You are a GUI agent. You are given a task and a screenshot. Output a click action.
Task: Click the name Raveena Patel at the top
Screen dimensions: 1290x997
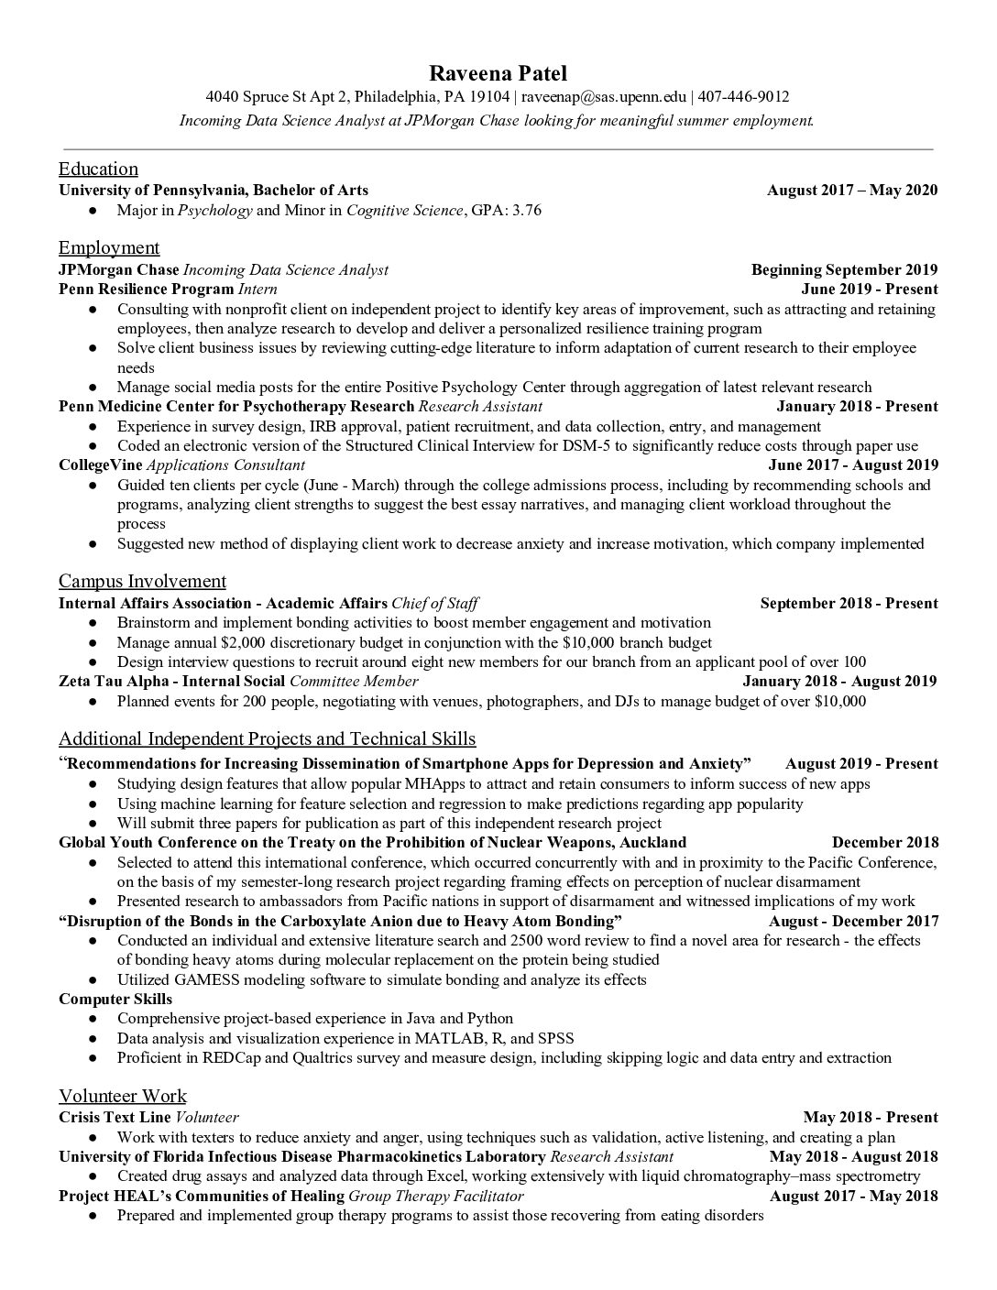pyautogui.click(x=498, y=73)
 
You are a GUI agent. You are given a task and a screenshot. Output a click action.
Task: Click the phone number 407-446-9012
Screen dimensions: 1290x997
pyautogui.click(x=745, y=97)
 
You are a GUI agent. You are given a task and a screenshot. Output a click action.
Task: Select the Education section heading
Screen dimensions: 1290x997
pyautogui.click(x=98, y=169)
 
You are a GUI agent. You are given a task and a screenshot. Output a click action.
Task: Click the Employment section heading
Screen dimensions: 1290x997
pyautogui.click(x=109, y=247)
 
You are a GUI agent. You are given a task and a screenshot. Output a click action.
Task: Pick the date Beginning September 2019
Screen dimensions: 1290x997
pyautogui.click(x=844, y=269)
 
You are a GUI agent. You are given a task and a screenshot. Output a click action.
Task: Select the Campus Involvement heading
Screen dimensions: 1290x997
pyautogui.click(x=142, y=581)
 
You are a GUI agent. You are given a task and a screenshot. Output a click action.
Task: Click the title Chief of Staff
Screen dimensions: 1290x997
pyautogui.click(x=434, y=604)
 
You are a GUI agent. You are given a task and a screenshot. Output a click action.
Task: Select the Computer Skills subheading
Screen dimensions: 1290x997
pyautogui.click(x=115, y=1000)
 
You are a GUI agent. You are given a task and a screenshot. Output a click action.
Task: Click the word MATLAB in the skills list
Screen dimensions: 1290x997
pyautogui.click(x=445, y=1039)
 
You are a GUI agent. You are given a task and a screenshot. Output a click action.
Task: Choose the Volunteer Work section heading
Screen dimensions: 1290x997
pyautogui.click(x=123, y=1096)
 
